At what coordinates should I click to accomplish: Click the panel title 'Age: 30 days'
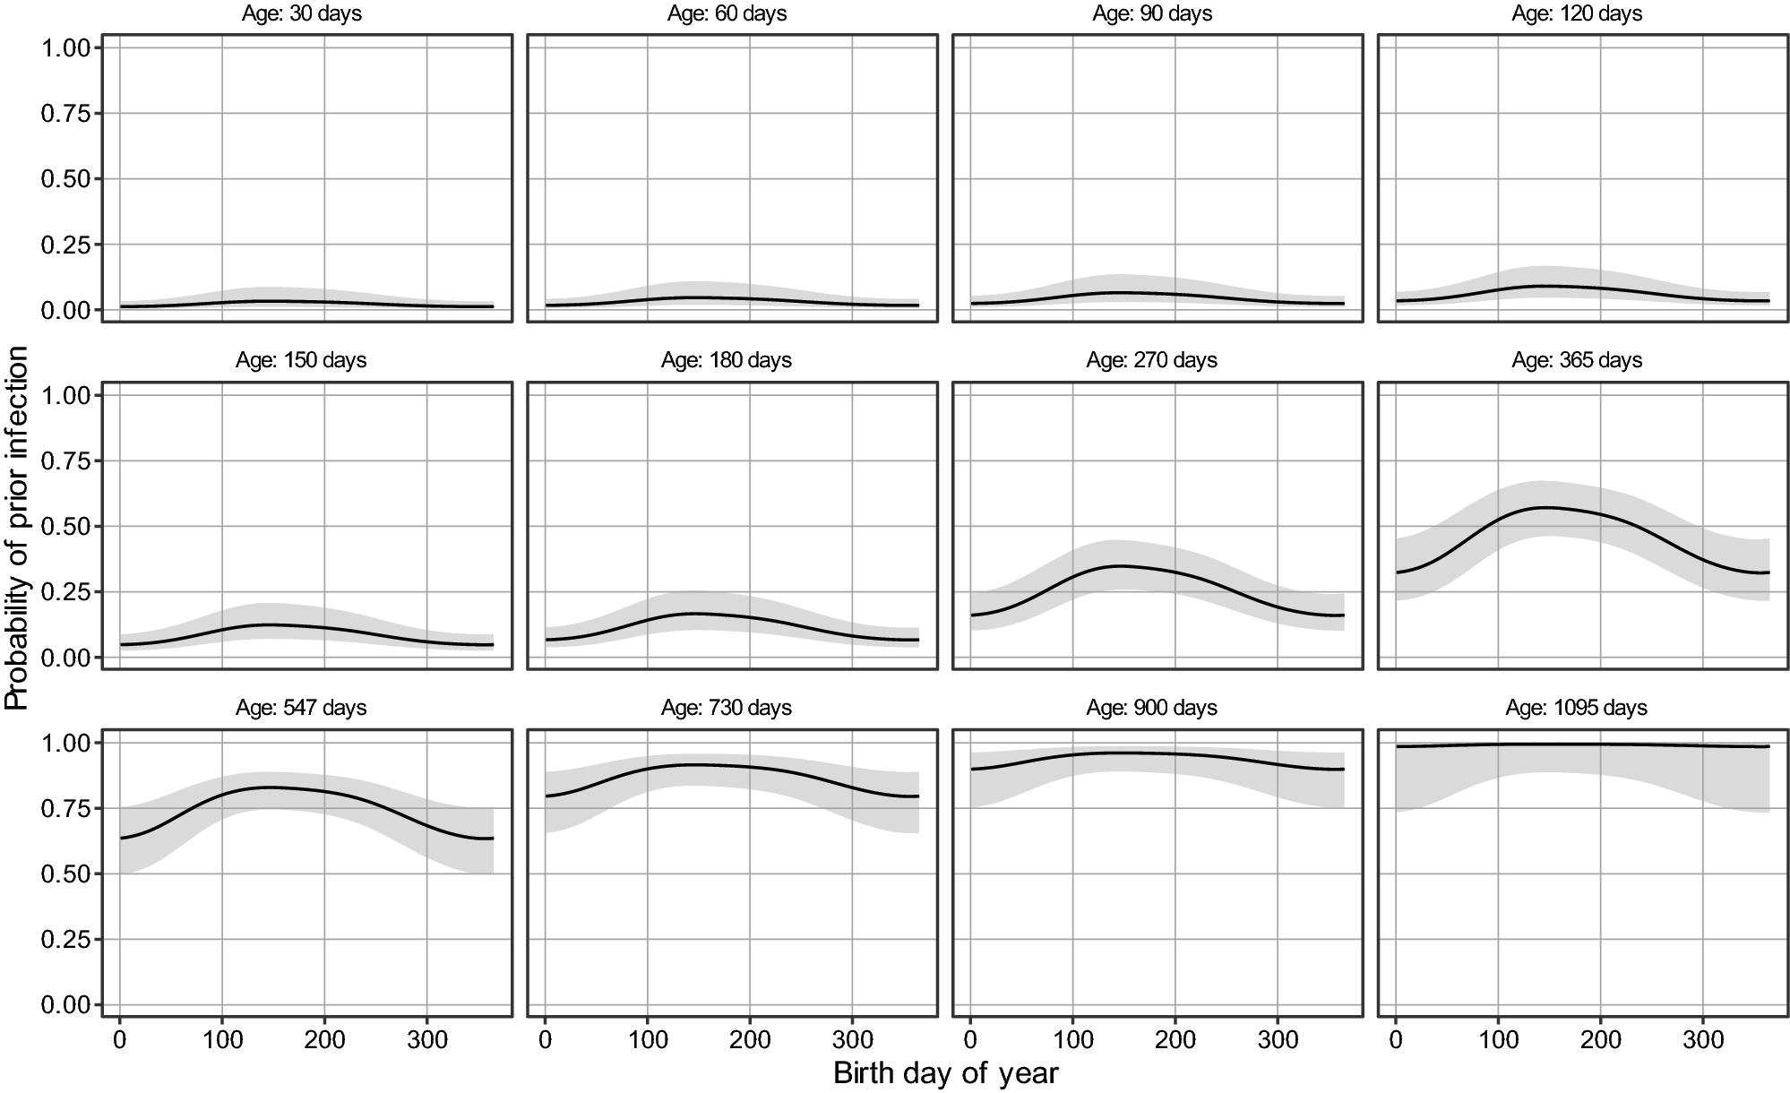301,13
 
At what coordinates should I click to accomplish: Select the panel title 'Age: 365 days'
1577,360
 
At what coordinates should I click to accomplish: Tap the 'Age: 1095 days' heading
1577,708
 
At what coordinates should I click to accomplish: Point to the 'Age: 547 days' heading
301,708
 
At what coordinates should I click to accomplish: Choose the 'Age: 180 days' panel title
727,360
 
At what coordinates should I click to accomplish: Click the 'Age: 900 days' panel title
1151,708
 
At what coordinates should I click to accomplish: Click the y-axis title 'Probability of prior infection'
16,529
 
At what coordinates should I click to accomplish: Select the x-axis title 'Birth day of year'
946,1072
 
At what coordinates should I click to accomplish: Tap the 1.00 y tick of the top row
65,47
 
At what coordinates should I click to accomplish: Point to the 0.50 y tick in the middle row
65,527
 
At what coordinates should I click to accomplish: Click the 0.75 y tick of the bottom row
65,809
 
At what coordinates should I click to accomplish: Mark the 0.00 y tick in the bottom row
65,1005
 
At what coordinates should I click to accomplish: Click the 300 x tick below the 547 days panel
426,1040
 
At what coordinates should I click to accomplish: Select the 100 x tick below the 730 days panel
648,1040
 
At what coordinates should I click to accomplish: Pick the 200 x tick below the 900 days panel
1175,1040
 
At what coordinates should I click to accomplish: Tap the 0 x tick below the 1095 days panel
1396,1040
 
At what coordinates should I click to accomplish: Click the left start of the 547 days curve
121,838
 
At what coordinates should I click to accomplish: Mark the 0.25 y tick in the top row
65,245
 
